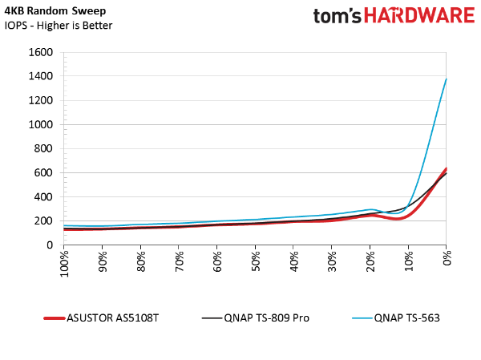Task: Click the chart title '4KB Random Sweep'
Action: (55, 10)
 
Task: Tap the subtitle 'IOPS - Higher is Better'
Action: (59, 25)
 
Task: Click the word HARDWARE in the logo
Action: (419, 15)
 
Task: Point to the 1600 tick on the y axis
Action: (41, 52)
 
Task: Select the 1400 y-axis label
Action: (41, 76)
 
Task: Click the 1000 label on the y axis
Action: (41, 124)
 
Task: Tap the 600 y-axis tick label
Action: (43, 173)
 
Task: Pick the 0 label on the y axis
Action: (50, 245)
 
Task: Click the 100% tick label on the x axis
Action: (64, 264)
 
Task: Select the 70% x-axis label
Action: (179, 261)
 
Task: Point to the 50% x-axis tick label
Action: (256, 261)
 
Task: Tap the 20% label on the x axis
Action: (370, 261)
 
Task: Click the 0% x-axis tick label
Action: (447, 258)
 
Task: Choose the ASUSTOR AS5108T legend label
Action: (112, 318)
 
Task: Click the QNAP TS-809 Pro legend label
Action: (267, 318)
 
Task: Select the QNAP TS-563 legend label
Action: (406, 318)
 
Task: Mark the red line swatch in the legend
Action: (55, 318)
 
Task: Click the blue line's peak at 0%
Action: (446, 79)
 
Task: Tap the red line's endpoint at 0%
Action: (446, 168)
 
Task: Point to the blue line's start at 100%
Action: (64, 225)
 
